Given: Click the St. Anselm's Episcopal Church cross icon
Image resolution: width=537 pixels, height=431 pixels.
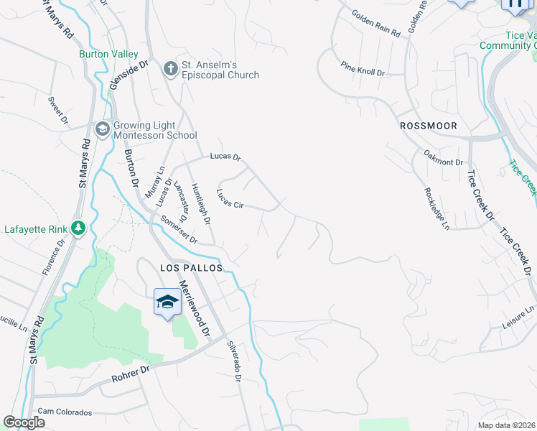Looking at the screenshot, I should pos(170,69).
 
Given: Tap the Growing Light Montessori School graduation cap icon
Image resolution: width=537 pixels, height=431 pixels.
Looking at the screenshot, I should pos(102,129).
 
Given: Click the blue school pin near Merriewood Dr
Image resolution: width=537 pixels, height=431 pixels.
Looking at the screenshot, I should pos(167,302).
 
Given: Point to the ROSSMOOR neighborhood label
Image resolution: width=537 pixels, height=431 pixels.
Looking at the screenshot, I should pos(428,125).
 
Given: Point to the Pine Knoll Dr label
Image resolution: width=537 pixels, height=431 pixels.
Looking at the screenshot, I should pos(363,73).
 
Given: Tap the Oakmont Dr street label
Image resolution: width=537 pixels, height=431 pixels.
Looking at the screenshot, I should pos(443,157).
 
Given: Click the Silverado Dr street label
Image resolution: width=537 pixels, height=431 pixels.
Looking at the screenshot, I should pos(234,359).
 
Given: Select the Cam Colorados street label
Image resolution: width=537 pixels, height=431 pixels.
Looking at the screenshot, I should pos(65,412).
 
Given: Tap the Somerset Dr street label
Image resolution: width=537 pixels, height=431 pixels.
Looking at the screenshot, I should pos(179,231).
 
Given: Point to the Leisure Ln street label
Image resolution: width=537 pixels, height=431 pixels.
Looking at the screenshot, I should pos(518,318).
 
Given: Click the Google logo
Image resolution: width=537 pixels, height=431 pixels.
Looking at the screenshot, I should pos(24,422).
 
